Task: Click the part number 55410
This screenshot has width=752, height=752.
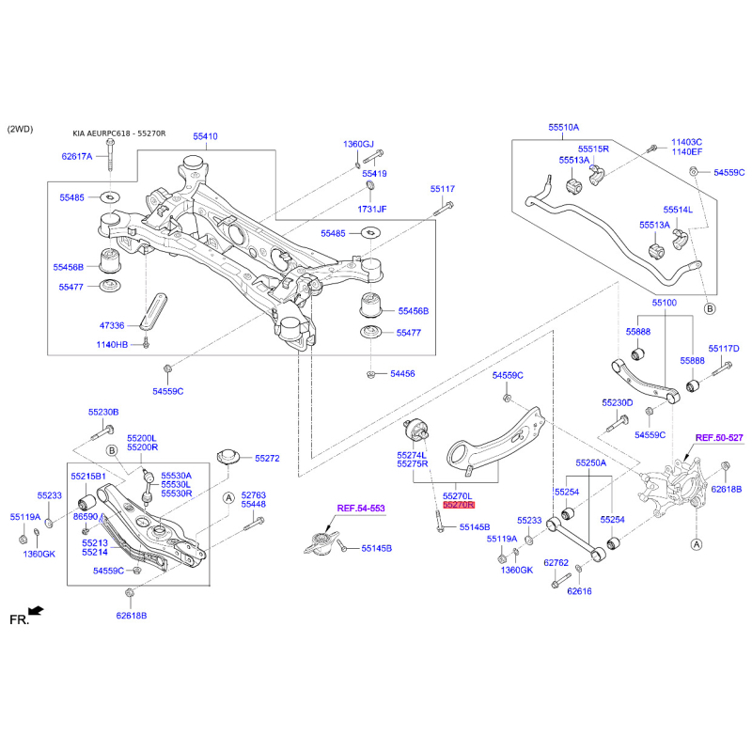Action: (x=206, y=136)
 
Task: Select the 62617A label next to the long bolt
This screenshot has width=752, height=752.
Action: (x=77, y=156)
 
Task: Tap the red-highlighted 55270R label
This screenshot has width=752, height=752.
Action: (x=459, y=505)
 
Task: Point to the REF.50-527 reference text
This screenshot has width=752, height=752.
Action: (x=719, y=438)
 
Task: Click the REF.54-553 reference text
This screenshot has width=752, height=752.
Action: (x=361, y=508)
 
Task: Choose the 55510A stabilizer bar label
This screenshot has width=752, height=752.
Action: (x=564, y=126)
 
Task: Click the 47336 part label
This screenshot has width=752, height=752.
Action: (x=112, y=324)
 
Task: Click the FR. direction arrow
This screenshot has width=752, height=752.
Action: (x=35, y=612)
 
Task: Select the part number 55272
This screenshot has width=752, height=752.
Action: (x=267, y=458)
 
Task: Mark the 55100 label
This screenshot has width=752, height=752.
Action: (x=665, y=303)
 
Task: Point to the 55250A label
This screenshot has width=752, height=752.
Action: (x=591, y=463)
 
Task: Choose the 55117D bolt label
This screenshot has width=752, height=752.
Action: (x=724, y=348)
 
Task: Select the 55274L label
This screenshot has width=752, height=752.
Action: (x=413, y=454)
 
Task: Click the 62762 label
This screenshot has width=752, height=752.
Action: (x=557, y=563)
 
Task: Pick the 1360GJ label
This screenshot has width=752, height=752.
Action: (x=358, y=144)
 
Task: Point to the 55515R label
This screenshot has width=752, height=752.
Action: (x=594, y=149)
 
